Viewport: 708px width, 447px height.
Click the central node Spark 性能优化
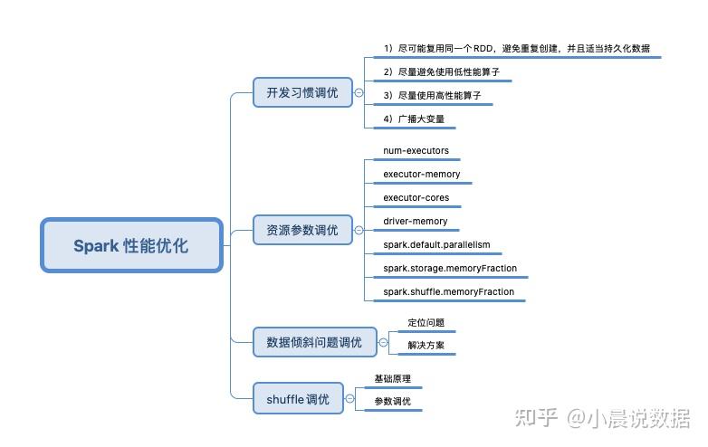[x=131, y=245]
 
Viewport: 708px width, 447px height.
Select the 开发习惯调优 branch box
[x=302, y=92]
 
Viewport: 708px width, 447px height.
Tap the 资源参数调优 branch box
[x=302, y=231]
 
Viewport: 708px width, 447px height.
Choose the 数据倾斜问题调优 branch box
[x=314, y=342]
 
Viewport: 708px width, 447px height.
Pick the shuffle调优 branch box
[x=298, y=398]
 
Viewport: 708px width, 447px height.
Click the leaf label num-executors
[x=416, y=150]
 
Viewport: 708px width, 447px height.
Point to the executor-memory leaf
[x=422, y=174]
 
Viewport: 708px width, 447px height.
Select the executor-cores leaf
[x=416, y=197]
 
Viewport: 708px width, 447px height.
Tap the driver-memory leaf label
[x=416, y=221]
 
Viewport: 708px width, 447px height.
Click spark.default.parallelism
[x=436, y=244]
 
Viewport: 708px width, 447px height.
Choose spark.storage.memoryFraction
[x=449, y=268]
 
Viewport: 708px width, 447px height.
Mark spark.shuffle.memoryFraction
[x=448, y=292]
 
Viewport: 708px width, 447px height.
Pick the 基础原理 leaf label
[x=393, y=379]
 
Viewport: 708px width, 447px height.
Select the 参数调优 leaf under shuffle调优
[x=393, y=401]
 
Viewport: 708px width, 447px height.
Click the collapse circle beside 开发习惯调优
[x=359, y=92]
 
